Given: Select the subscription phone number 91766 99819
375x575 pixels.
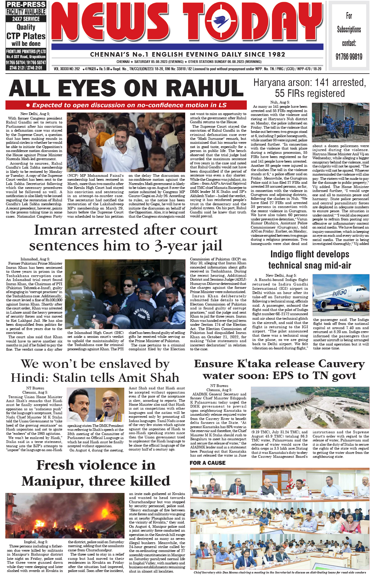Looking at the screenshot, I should [349, 57].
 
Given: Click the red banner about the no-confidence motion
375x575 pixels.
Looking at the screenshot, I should [126, 105].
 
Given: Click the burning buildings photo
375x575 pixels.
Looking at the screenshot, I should [65, 515].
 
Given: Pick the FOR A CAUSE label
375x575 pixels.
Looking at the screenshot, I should [208, 463].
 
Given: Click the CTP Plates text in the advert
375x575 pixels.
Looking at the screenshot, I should [26, 36].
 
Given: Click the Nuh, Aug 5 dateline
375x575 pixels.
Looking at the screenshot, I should [280, 102].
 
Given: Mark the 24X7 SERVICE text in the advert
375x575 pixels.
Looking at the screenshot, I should [26, 19].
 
